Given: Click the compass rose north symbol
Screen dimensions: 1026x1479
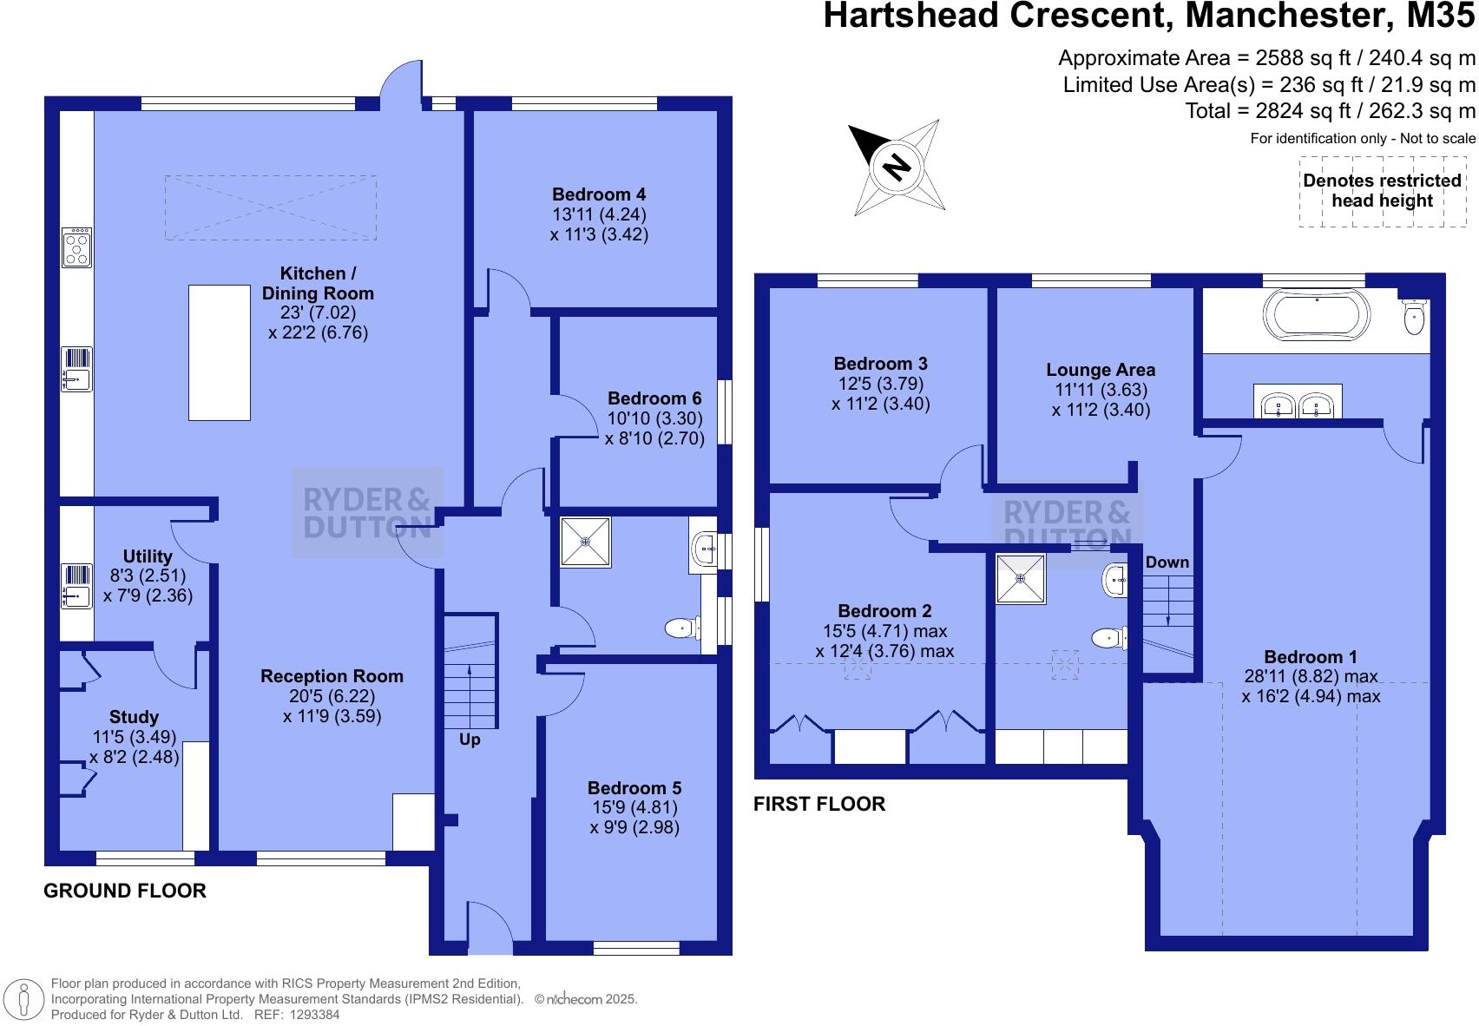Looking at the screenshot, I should [896, 166].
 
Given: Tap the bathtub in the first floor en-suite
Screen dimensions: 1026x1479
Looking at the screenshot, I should [1317, 313].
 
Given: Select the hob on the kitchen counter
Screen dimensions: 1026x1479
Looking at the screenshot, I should [77, 247].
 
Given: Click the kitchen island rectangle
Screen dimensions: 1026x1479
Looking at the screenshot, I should [220, 352].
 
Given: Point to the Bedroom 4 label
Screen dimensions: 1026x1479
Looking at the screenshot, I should [599, 194].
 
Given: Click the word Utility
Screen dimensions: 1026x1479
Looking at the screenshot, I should [148, 556].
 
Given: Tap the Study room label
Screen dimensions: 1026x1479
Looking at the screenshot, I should [134, 717].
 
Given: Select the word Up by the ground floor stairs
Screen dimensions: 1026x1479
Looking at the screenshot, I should [470, 740].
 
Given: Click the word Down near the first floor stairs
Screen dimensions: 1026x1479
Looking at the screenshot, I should [1167, 562].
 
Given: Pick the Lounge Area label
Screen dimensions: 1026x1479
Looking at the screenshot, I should [1101, 370].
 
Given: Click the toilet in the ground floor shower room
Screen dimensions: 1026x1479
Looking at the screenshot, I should [684, 628].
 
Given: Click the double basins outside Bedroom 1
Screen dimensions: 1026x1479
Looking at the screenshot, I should [1298, 403].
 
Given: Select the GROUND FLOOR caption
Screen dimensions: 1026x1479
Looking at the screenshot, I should [125, 891].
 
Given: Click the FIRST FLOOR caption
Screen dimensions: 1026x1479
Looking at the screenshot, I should [818, 804].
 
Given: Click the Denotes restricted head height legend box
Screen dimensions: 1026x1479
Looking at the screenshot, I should [1382, 191].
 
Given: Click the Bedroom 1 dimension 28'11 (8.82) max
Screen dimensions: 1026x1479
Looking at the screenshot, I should [1311, 676].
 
